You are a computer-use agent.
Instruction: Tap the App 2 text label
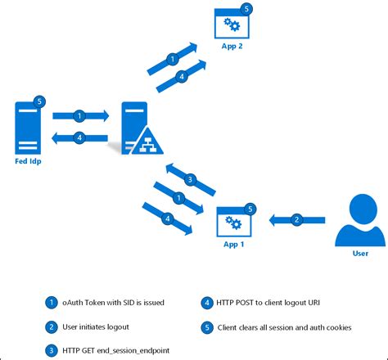[232, 47]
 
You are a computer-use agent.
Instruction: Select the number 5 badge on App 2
[249, 8]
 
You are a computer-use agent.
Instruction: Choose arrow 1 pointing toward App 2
[172, 59]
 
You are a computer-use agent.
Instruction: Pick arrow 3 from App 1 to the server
[190, 180]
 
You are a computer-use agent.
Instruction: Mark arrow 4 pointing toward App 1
[168, 219]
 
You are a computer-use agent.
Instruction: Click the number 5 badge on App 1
[250, 209]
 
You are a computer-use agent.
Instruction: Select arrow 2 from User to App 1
[297, 218]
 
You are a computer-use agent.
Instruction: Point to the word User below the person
[360, 254]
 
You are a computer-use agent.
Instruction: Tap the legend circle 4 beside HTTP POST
[210, 303]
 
